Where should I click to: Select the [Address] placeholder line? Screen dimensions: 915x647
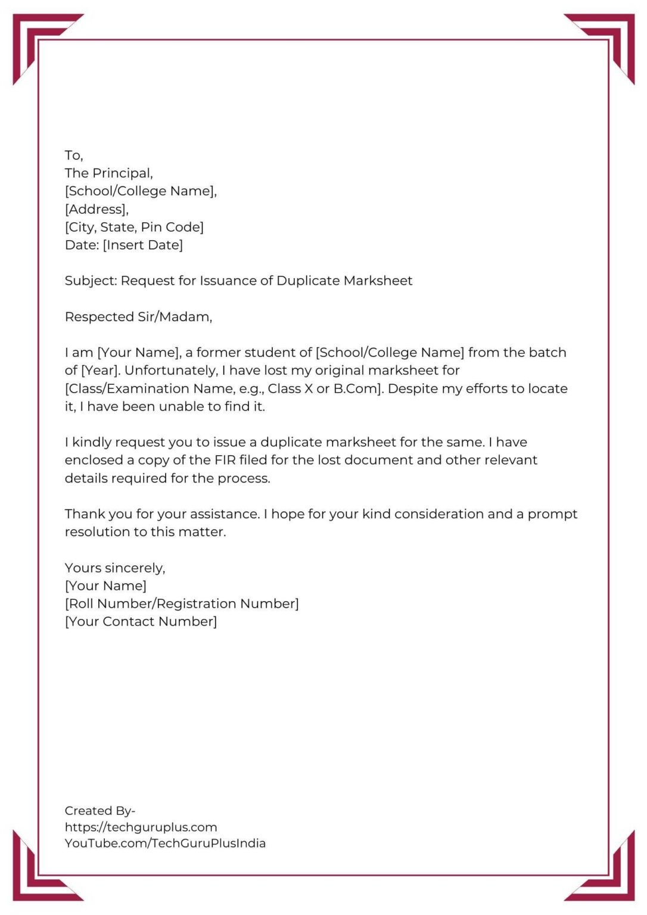(x=97, y=209)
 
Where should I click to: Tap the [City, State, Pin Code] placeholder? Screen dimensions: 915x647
(x=134, y=227)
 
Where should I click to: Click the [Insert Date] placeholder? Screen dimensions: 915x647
(x=143, y=245)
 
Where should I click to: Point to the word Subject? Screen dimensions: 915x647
(x=91, y=281)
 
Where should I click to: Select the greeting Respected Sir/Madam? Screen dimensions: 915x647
(x=138, y=317)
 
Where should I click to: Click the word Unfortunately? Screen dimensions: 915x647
(x=171, y=371)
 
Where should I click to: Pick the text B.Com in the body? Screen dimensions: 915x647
(x=356, y=388)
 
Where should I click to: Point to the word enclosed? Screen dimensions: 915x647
(x=94, y=460)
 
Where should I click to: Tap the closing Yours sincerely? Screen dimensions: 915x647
(x=115, y=568)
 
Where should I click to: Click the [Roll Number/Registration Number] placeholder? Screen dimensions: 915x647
(x=182, y=603)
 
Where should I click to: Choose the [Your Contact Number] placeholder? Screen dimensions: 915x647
(x=141, y=621)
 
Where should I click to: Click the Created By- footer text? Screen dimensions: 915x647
(x=100, y=811)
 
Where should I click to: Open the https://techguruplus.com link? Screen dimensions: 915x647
(x=141, y=827)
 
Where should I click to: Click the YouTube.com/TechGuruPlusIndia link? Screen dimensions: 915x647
(x=165, y=843)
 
